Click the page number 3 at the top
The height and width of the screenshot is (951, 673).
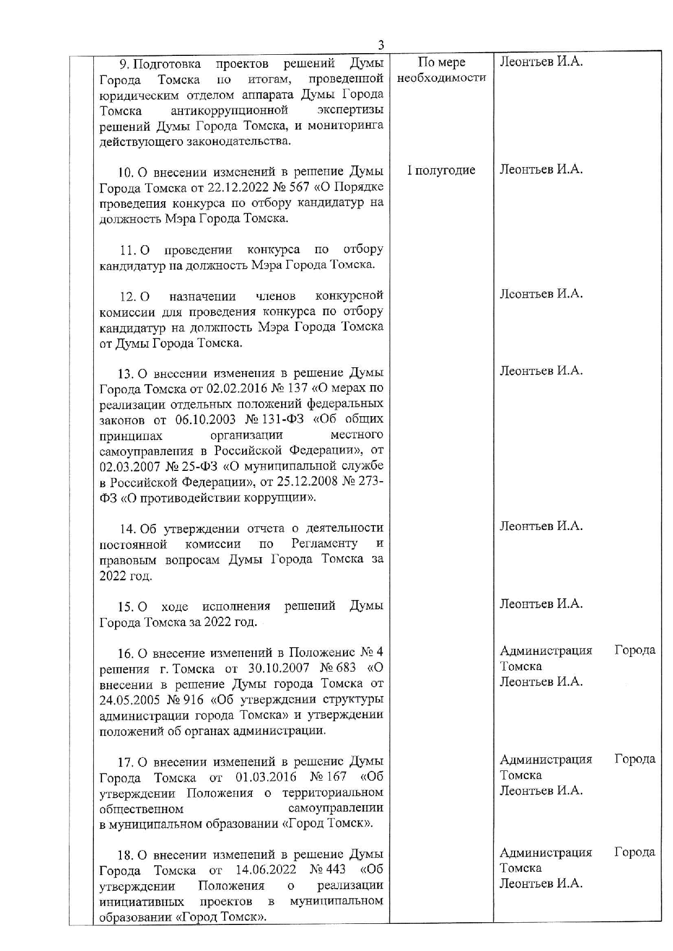(381, 45)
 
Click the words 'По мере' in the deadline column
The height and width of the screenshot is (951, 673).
(442, 62)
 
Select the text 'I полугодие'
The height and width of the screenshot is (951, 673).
(441, 170)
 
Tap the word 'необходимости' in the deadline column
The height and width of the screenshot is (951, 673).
(442, 78)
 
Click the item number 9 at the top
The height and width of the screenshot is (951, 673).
(123, 65)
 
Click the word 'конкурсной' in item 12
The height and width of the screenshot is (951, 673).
(349, 296)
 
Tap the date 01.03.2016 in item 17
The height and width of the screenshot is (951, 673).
(266, 777)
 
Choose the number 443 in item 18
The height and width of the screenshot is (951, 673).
(335, 870)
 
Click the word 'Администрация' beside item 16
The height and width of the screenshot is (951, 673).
(545, 650)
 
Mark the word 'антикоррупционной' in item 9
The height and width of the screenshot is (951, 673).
(229, 111)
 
